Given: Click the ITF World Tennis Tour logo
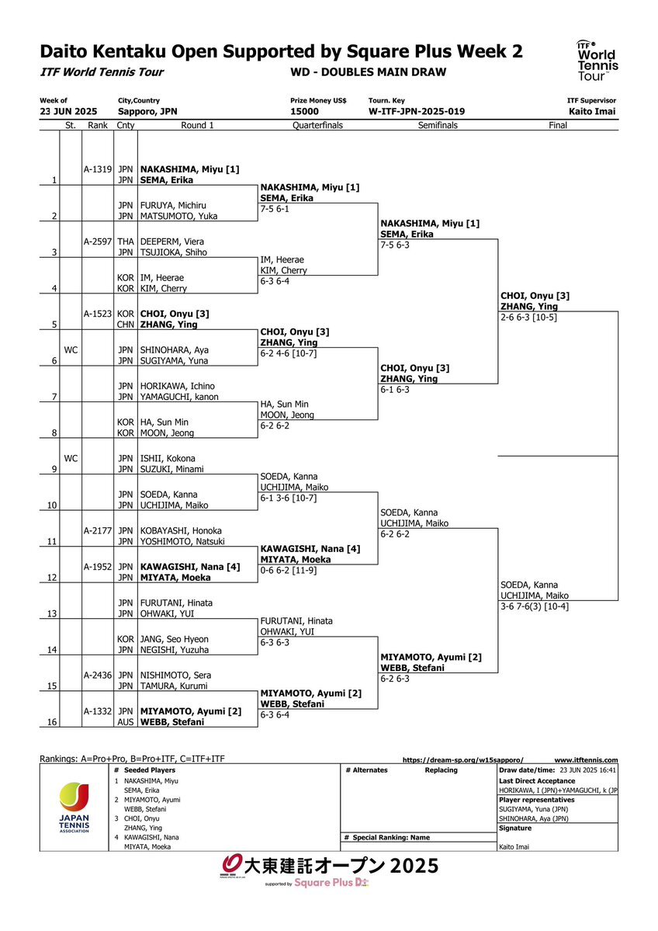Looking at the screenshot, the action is tap(597, 61).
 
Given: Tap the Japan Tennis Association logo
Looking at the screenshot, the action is tap(74, 808).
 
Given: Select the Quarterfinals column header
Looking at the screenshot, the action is tap(317, 125).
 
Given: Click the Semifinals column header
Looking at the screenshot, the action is tap(438, 125).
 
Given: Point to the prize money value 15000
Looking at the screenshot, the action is tap(304, 112).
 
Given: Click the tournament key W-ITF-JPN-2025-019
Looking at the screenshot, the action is tap(417, 112).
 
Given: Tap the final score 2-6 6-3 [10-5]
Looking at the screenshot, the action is tap(528, 317).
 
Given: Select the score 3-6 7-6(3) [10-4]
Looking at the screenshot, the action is tap(535, 606).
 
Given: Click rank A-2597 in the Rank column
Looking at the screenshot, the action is tap(97, 241).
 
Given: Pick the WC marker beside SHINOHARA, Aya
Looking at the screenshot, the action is tap(71, 350).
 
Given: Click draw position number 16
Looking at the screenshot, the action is tap(52, 722).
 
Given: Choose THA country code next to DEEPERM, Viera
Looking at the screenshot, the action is tap(126, 241).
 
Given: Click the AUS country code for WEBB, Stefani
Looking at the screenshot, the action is tap(126, 722).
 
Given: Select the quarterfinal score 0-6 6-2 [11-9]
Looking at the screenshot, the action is tap(289, 570).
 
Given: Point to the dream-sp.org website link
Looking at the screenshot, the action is tap(462, 760).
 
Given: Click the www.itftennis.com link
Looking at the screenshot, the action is tap(586, 760).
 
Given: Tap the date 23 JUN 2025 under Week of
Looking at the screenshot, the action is tap(68, 112).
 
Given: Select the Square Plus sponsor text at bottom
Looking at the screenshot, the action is tap(331, 883).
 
